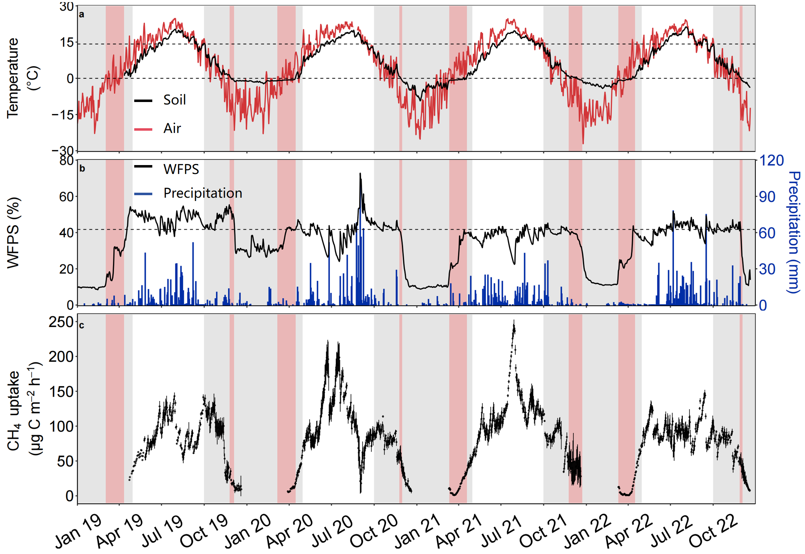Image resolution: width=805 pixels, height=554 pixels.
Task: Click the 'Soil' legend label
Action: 174,100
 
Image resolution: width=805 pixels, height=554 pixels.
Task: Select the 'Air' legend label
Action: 172,128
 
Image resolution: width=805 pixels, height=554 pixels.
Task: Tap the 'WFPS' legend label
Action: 181,169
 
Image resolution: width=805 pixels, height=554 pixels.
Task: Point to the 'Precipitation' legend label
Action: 203,193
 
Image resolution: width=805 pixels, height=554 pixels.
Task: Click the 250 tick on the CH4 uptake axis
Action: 61,322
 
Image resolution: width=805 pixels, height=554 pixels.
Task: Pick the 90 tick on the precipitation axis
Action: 767,197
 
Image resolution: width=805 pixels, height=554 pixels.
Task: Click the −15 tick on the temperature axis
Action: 63,115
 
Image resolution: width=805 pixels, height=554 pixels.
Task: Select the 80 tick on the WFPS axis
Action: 66,161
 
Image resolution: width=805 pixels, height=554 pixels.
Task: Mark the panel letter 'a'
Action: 82,15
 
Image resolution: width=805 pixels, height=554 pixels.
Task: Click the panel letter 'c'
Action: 82,325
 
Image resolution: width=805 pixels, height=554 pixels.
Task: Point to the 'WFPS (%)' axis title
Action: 13,232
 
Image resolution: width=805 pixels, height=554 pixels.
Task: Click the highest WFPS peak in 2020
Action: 360,174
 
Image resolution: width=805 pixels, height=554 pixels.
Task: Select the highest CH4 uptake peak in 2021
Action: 514,321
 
